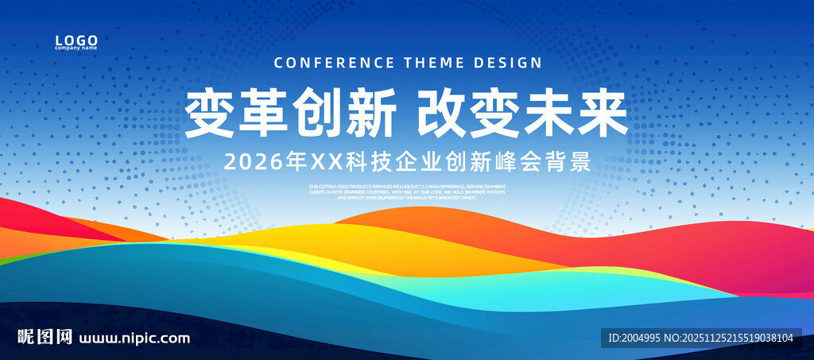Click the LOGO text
pos(76,40)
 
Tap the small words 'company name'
pos(76,48)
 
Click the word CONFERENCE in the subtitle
pos(333,63)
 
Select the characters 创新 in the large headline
pos(343,114)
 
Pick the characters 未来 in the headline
pos(576,114)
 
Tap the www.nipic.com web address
pos(134,338)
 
